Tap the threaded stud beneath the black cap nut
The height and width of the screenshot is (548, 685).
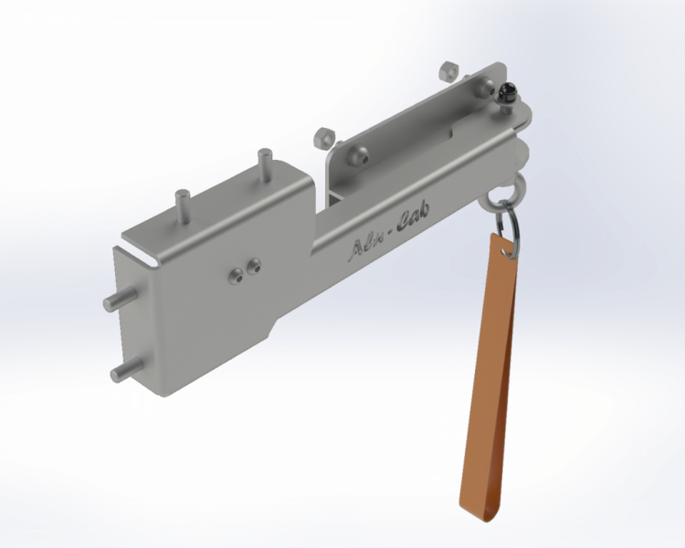pyautogui.click(x=504, y=105)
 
